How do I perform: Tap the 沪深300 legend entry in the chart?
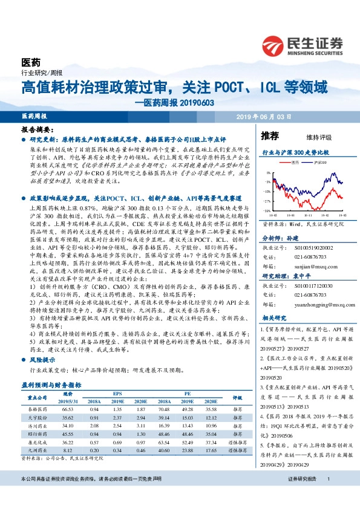click(x=319, y=162)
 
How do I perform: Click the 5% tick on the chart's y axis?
click(x=268, y=173)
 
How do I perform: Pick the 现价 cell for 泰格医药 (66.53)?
click(x=68, y=409)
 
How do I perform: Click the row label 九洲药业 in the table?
click(x=39, y=450)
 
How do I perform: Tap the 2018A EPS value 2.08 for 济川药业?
click(x=94, y=426)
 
